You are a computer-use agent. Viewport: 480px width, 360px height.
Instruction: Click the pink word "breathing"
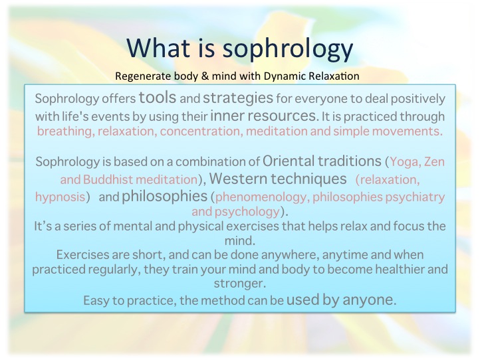65,132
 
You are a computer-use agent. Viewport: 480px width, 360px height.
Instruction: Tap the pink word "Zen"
434,162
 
